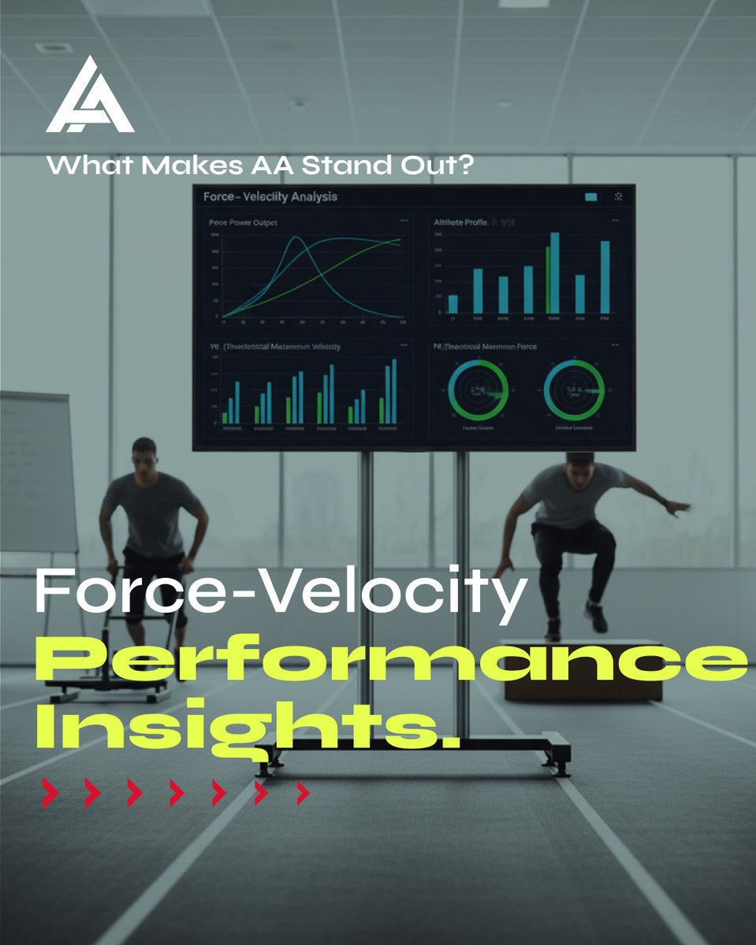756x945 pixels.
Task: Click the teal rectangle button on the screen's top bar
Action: pos(591,197)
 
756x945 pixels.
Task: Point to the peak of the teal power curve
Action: pos(299,238)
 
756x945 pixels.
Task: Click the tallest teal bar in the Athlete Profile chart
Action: pos(555,272)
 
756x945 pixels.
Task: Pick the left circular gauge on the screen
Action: pos(478,390)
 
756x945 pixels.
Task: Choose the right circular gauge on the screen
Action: pos(574,390)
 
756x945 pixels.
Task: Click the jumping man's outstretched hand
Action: pos(679,508)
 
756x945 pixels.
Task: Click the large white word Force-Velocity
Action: pos(280,595)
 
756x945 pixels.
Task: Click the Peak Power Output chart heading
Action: pos(244,224)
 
